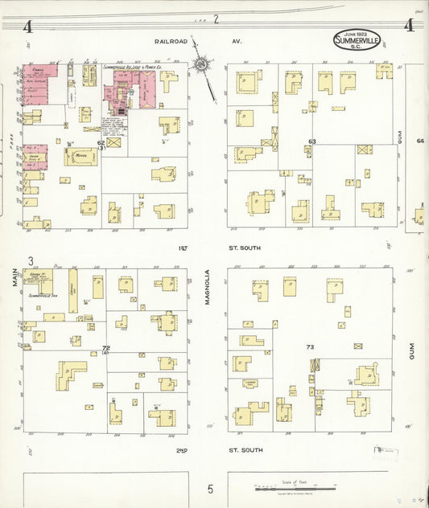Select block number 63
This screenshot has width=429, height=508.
coord(311,141)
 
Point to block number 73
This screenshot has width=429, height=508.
coord(310,346)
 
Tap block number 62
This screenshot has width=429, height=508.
coord(101,143)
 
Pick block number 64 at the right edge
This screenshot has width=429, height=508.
coord(419,141)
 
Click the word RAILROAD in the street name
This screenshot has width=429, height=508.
coord(171,40)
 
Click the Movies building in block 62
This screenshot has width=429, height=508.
coord(80,156)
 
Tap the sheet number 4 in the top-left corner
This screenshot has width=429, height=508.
coord(27,27)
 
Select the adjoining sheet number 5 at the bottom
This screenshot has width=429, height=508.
coord(210,488)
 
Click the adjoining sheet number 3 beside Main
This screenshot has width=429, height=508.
coord(30,260)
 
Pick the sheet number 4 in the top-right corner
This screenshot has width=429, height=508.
coord(410,26)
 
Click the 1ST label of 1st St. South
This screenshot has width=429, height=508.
coord(183,248)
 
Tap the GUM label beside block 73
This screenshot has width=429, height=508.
coord(410,349)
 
